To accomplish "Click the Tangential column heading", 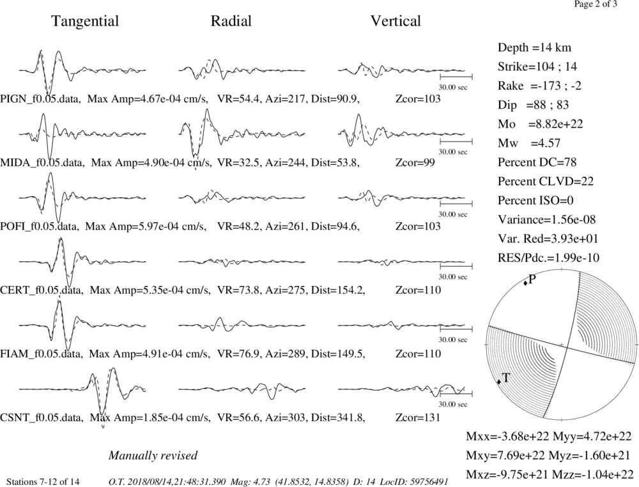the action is [x=85, y=21].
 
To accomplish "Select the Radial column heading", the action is [x=231, y=21].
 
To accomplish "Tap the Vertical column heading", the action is [x=396, y=21].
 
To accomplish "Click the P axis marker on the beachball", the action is [x=525, y=283].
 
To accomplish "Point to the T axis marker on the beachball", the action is [x=499, y=382].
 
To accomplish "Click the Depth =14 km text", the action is [x=534, y=48].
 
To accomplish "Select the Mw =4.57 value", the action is [x=529, y=144].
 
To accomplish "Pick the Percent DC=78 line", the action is [x=537, y=163].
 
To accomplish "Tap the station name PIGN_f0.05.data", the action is [x=40, y=99].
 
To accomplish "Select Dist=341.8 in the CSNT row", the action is [x=338, y=418].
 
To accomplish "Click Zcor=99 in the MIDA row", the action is [x=415, y=163].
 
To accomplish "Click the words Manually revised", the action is [x=153, y=455].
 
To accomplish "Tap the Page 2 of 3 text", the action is [x=596, y=4].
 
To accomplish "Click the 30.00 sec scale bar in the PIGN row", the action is [x=456, y=76].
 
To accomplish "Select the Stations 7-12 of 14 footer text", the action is [x=43, y=482].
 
